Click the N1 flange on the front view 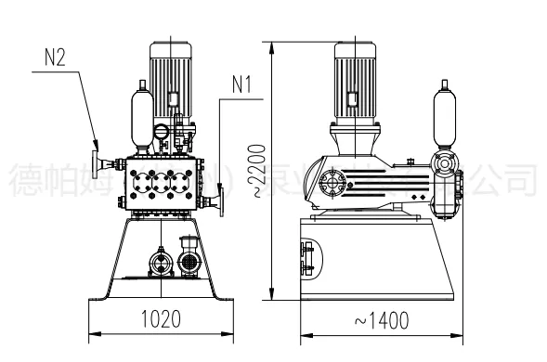220,199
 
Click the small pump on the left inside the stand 160,262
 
